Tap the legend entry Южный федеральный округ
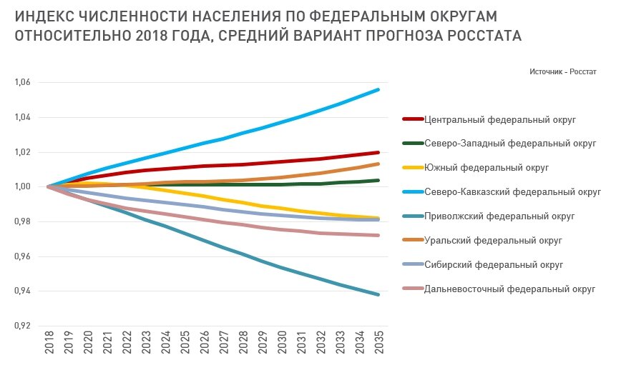(486, 168)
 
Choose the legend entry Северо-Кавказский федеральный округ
(512, 192)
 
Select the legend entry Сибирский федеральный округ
(494, 265)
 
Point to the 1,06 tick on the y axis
(22, 82)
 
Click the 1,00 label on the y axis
(22, 186)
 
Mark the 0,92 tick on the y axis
(22, 326)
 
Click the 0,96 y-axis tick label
(22, 256)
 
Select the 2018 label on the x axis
(49, 344)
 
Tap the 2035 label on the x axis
(378, 344)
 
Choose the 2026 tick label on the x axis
(204, 344)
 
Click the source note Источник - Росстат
(563, 71)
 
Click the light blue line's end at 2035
(378, 90)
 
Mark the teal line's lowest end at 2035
(378, 294)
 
